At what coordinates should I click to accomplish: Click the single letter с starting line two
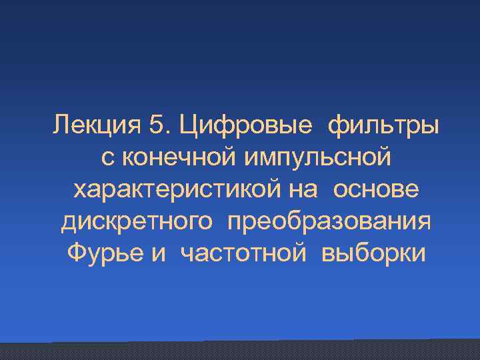[x=106, y=158]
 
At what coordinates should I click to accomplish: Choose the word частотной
[x=244, y=254]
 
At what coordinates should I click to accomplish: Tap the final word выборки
[x=373, y=254]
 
